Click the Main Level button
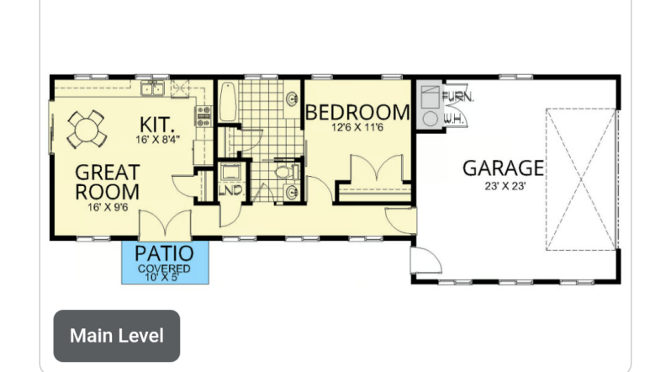pyautogui.click(x=116, y=336)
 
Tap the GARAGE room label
pyautogui.click(x=503, y=168)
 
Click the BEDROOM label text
pyautogui.click(x=357, y=112)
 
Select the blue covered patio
pyautogui.click(x=165, y=263)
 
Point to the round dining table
pyautogui.click(x=86, y=129)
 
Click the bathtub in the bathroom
pyautogui.click(x=228, y=103)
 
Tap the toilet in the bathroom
pyautogui.click(x=286, y=173)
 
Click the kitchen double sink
pyautogui.click(x=153, y=88)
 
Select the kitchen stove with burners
pyautogui.click(x=203, y=116)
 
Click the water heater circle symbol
pyautogui.click(x=431, y=119)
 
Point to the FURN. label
pyautogui.click(x=458, y=97)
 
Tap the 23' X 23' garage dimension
pyautogui.click(x=505, y=187)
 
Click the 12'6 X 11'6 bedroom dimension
pyautogui.click(x=357, y=127)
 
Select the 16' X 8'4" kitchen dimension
pyautogui.click(x=157, y=139)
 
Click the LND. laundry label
pyautogui.click(x=231, y=190)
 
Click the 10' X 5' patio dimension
pyautogui.click(x=161, y=277)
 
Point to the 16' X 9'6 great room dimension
pyautogui.click(x=108, y=207)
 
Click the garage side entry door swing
pyautogui.click(x=425, y=260)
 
